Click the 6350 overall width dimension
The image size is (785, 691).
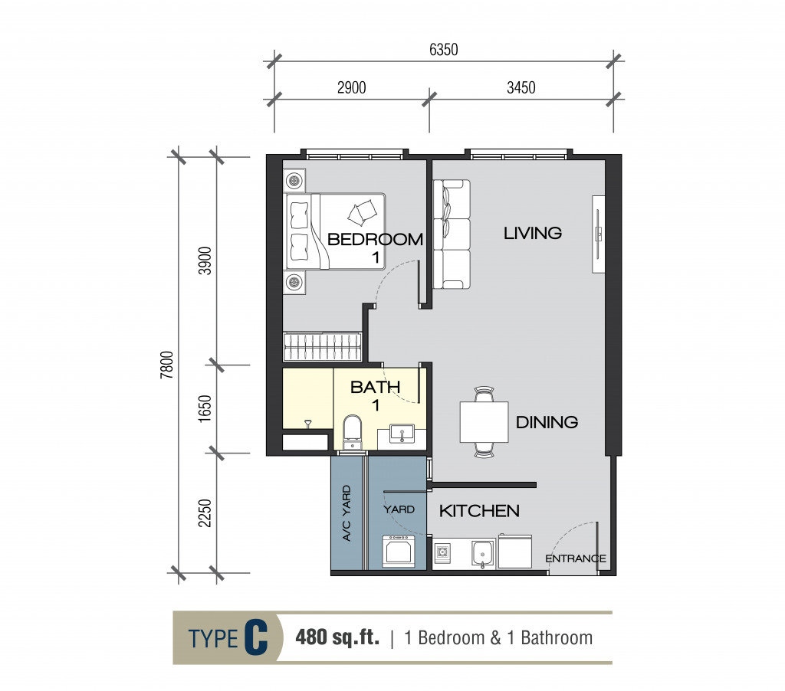point(444,50)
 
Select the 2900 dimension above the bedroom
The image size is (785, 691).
point(351,87)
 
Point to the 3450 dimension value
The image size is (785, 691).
point(521,87)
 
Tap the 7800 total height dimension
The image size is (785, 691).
point(166,365)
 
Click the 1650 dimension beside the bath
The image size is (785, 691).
point(205,409)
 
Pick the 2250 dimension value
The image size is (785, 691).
point(205,513)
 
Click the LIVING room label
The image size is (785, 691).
point(533,233)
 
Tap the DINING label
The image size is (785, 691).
point(547,422)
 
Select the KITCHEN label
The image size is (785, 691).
point(479,511)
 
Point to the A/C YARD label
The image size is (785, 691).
point(347,513)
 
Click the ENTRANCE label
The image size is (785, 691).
point(576,558)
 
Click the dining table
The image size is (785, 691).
point(484,422)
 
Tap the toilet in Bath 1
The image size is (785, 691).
point(353,432)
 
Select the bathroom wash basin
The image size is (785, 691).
point(402,434)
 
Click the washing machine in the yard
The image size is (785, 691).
point(399,551)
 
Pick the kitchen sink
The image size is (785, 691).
point(483,555)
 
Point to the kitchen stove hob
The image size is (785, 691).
point(442,552)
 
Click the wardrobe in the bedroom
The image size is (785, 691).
point(322,346)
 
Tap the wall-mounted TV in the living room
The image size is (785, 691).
point(598,234)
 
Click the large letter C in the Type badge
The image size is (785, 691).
point(256,637)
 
